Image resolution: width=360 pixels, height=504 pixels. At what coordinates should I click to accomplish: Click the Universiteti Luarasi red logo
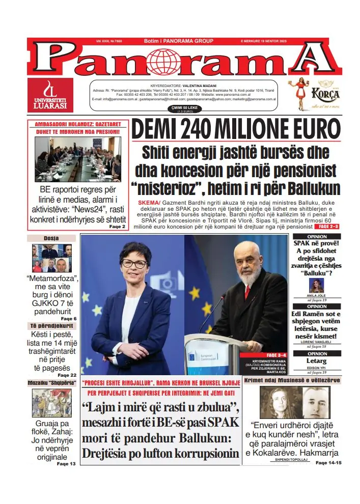(x=50, y=95)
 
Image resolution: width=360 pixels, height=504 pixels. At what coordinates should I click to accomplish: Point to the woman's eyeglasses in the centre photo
(x=134, y=263)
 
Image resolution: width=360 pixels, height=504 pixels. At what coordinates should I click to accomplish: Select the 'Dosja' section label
(x=51, y=238)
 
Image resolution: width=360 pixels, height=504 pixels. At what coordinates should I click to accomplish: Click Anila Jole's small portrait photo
(x=316, y=285)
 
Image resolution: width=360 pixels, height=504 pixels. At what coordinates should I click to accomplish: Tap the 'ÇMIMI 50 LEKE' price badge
(x=181, y=108)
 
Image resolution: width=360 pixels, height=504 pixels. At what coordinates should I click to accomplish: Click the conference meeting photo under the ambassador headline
(x=77, y=159)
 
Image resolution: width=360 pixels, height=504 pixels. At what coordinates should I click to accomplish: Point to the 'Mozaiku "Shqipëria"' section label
(x=51, y=382)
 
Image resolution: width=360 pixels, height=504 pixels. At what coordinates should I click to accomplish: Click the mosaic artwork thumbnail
(x=51, y=403)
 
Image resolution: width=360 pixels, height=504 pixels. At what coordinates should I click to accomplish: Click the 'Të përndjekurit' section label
(x=51, y=325)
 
